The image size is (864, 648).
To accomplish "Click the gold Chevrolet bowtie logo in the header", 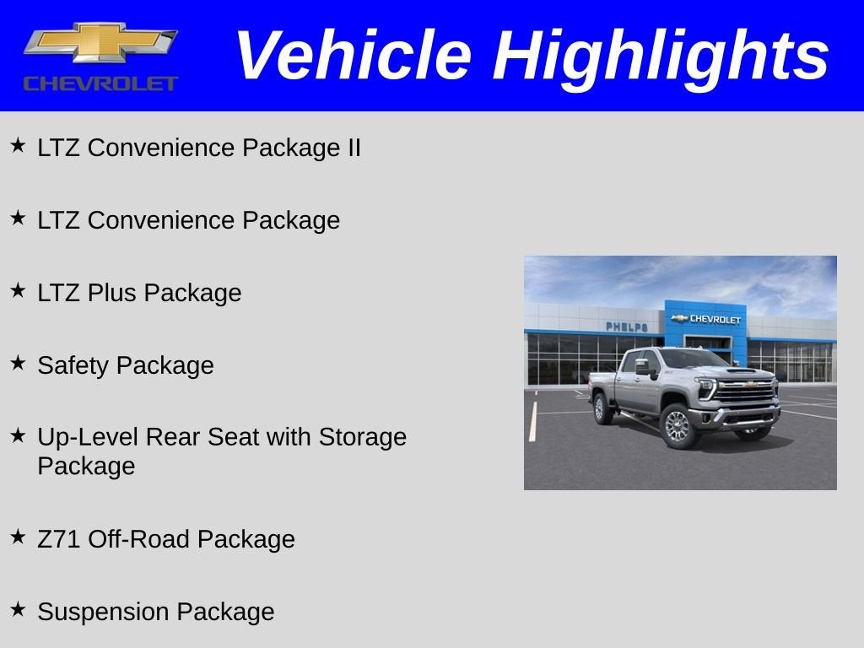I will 100,43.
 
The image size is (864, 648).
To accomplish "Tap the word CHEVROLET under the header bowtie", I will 100,84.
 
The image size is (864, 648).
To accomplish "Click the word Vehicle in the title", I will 353,56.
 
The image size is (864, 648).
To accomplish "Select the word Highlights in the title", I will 661,56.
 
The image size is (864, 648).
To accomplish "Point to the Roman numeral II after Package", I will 351,148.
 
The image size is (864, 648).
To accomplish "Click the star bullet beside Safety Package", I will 18,363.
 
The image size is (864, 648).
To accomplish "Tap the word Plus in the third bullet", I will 113,293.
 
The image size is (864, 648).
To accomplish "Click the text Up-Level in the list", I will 89,437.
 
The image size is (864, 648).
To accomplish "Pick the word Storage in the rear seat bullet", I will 362,437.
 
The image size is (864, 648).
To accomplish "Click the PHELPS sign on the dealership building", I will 626,327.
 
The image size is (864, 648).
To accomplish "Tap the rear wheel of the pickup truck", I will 602,408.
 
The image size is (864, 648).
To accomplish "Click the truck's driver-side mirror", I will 642,366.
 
